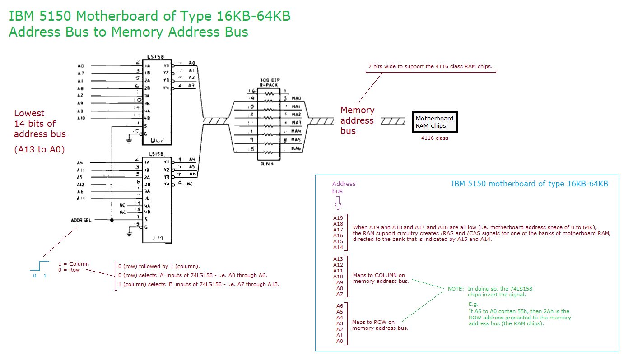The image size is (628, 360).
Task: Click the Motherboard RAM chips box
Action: [434, 122]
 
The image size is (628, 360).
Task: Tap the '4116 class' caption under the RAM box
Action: [434, 138]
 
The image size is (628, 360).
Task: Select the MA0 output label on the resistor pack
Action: [296, 98]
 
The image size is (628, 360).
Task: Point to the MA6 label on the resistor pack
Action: [296, 148]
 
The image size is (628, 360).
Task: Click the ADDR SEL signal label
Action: [81, 220]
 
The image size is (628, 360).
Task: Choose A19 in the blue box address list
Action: [338, 218]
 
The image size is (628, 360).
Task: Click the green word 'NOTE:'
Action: [456, 289]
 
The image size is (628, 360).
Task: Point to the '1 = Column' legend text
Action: [74, 264]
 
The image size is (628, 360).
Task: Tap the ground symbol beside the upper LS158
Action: [129, 141]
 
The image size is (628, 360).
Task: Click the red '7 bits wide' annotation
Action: [430, 66]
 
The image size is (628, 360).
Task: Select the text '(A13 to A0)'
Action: [39, 149]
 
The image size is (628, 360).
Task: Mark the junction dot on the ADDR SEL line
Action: [112, 220]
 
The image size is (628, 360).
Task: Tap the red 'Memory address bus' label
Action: [357, 120]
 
